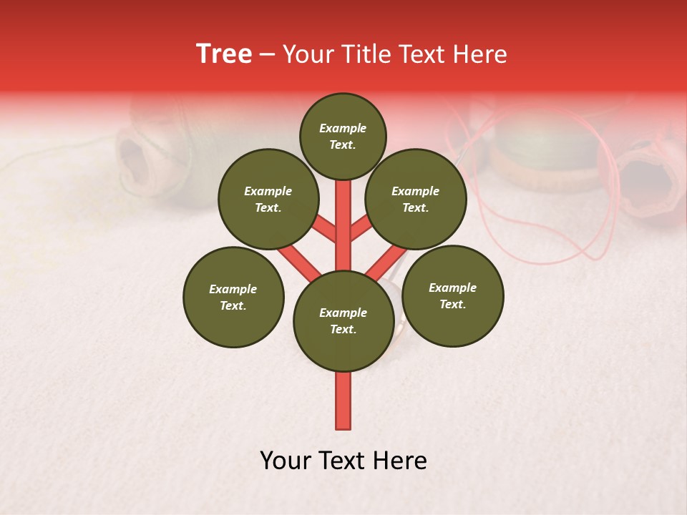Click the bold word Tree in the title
224,54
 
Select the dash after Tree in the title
267,55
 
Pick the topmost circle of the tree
343,136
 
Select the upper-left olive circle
268,199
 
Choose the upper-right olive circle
416,199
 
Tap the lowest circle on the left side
233,297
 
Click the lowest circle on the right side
452,295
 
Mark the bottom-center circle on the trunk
343,320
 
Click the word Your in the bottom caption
285,461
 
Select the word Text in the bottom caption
340,461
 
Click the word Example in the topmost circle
343,128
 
